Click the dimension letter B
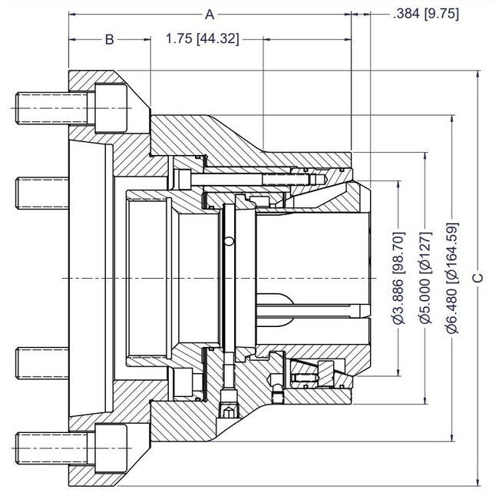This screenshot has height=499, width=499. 110,39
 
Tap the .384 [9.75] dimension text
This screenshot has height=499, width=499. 425,13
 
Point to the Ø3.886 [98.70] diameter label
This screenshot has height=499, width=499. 397,277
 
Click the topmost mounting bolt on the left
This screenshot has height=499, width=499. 38,107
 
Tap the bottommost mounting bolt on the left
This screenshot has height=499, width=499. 38,447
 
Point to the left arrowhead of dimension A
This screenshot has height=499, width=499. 72,14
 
